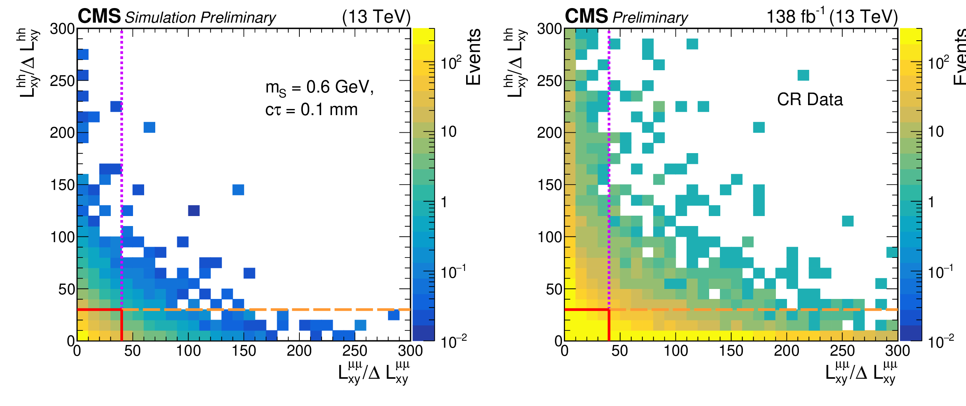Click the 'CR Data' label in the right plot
click(810, 100)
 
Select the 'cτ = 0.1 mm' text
click(311, 110)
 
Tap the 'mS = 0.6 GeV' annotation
click(319, 88)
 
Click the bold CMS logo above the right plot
click(586, 16)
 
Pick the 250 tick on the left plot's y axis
click(62, 81)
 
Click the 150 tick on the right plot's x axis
click(731, 351)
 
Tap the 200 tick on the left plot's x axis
click(299, 351)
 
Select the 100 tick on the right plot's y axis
click(550, 237)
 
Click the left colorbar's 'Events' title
click(473, 57)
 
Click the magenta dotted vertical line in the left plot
click(122, 153)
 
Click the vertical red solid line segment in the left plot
click(122, 325)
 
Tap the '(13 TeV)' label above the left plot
click(376, 17)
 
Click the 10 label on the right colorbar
click(936, 132)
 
